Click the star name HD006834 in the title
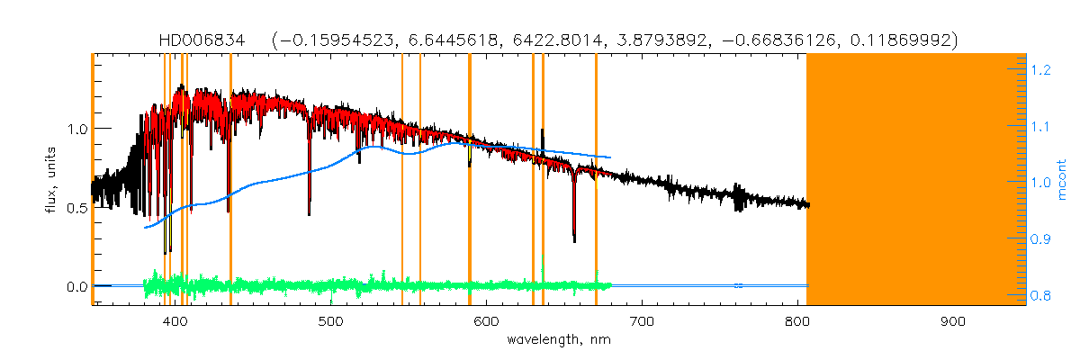pyautogui.click(x=192, y=40)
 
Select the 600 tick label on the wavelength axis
pyautogui.click(x=486, y=321)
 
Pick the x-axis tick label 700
pyautogui.click(x=642, y=321)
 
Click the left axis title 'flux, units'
pyautogui.click(x=51, y=180)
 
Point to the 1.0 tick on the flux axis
pyautogui.click(x=76, y=129)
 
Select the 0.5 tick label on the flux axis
pyautogui.click(x=76, y=208)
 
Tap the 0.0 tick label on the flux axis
pyautogui.click(x=76, y=287)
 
